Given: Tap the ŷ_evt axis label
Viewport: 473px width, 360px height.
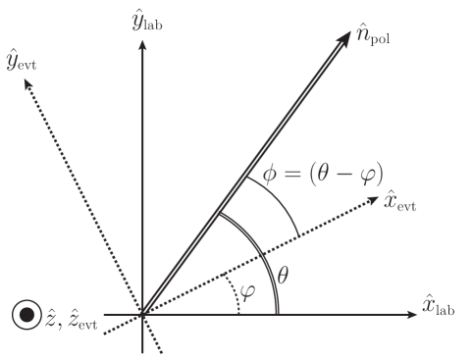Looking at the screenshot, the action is tap(23, 62).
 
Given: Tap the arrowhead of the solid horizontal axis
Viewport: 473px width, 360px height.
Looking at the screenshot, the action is tap(413, 315).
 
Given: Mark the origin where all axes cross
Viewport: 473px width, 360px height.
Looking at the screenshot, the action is tap(143, 315).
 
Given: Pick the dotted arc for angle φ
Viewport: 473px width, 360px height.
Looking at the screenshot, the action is tap(236, 297).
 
